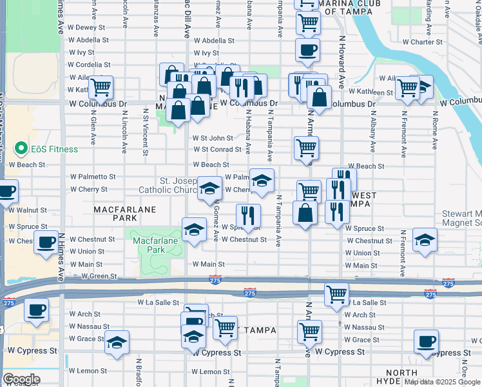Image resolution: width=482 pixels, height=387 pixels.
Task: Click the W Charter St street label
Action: pyautogui.click(x=422, y=42)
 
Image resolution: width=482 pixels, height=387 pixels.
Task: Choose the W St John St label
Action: pyautogui.click(x=213, y=138)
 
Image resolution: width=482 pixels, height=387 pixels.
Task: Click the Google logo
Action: pyautogui.click(x=21, y=379)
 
